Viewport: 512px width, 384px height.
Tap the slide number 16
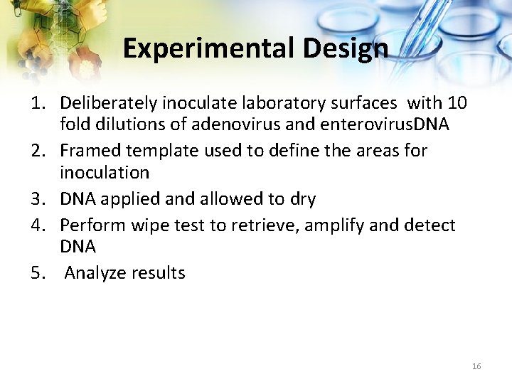click(476, 366)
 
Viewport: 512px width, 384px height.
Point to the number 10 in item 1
click(458, 103)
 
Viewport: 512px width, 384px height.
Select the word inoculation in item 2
click(105, 173)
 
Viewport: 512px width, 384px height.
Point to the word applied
click(124, 199)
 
